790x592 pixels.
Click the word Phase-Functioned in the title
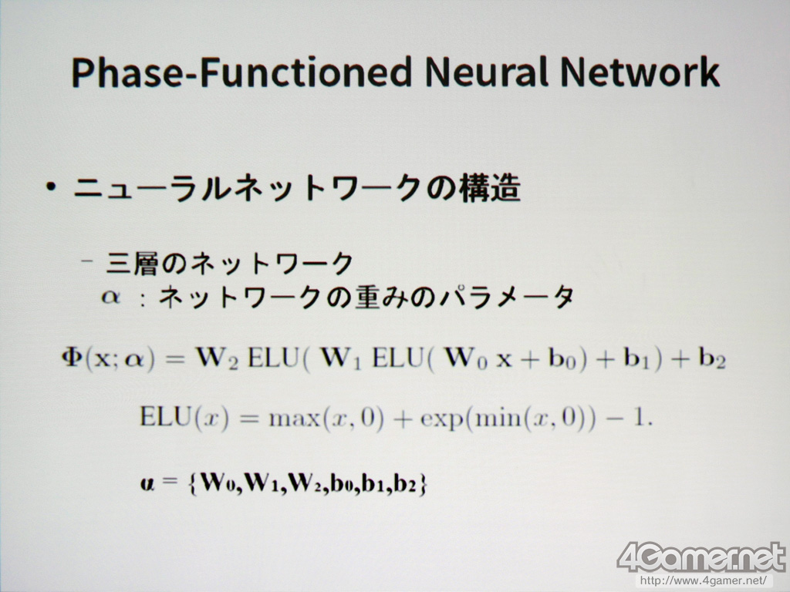(241, 72)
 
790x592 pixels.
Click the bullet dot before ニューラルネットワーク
(50, 187)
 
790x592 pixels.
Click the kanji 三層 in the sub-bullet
(130, 263)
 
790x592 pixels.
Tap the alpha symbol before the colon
(110, 297)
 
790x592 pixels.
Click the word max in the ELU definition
(294, 419)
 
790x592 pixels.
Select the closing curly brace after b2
(422, 483)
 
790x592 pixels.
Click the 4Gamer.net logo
(701, 557)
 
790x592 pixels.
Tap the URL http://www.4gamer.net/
(703, 580)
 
